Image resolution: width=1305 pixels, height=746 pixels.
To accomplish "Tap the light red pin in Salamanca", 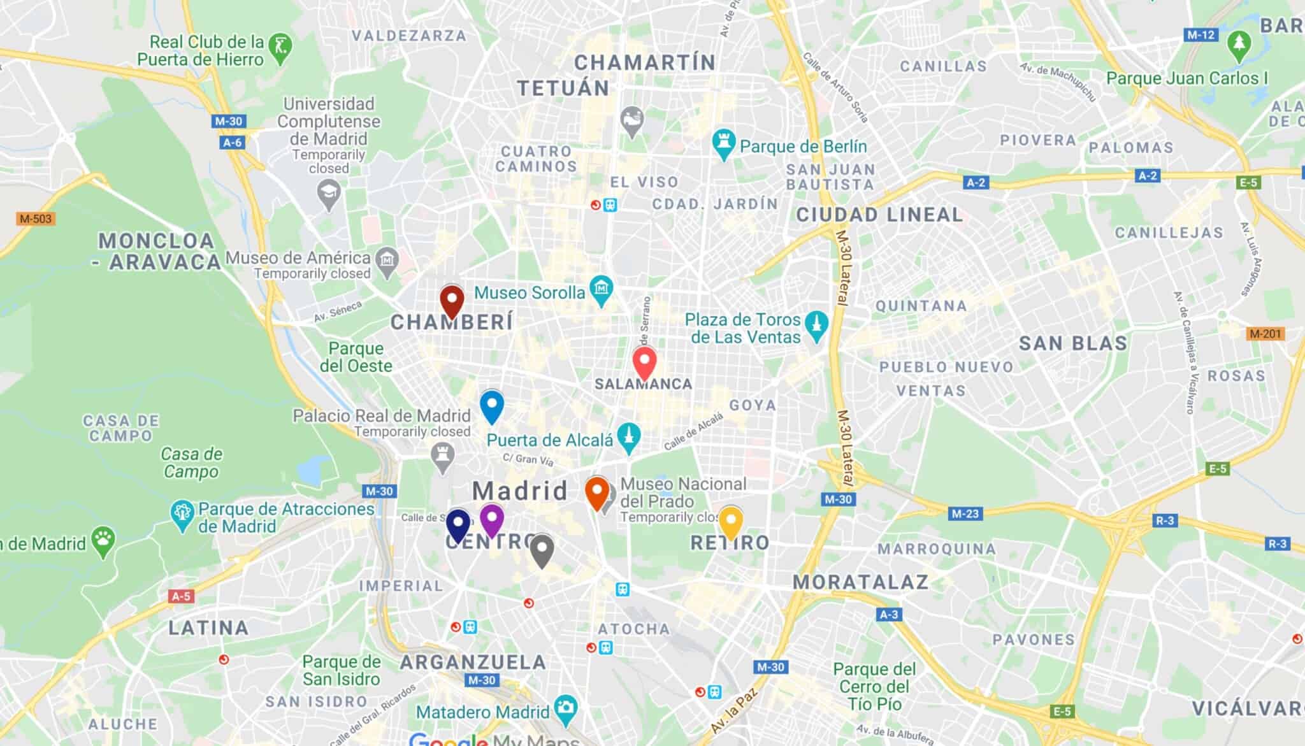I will coord(644,362).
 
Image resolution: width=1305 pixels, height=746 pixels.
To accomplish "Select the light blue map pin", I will coord(491,406).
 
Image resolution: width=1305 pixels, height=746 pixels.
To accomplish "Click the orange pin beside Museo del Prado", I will coord(597,492).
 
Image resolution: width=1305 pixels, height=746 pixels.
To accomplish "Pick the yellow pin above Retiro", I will coord(730,522).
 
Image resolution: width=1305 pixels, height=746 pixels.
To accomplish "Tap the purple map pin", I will coord(491,520).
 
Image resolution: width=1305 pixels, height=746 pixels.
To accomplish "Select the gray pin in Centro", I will coord(542,550).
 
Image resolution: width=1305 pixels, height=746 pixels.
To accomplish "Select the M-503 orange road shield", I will coord(35,219).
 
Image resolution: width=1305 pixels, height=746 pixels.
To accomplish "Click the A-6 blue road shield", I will coord(233,143).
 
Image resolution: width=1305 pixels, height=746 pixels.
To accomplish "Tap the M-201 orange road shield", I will coord(1265,334).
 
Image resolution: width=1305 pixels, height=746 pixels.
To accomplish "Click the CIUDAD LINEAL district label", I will coord(879,215).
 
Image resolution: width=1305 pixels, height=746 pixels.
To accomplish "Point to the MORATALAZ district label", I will coord(860,582).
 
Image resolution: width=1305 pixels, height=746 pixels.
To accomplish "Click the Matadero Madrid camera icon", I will coord(565,708).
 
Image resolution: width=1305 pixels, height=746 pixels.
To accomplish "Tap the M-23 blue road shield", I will coord(965,513).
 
